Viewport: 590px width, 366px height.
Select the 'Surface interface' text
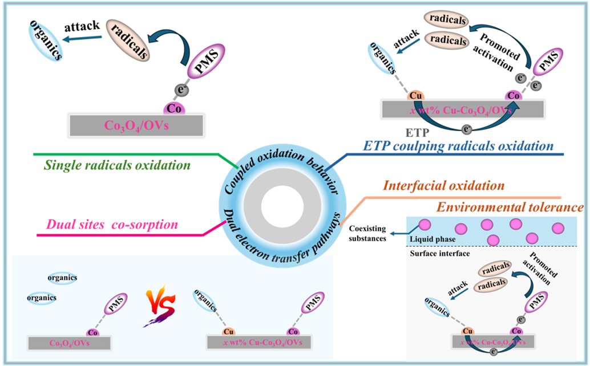pos(435,254)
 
